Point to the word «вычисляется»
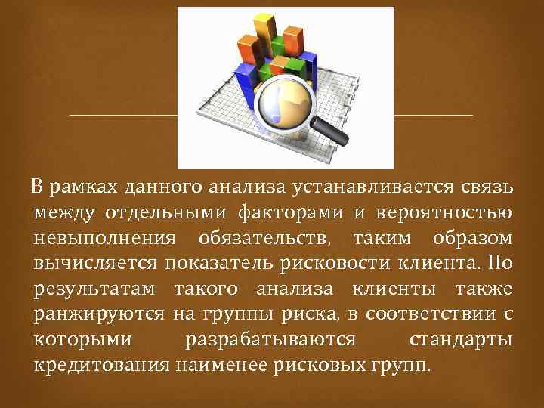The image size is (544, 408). coord(95,264)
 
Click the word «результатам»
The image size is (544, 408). coord(94,291)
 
